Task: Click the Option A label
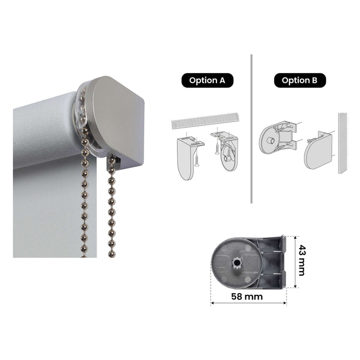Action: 207,80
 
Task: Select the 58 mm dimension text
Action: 247,296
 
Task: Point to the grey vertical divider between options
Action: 251,129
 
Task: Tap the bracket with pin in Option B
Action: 277,136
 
